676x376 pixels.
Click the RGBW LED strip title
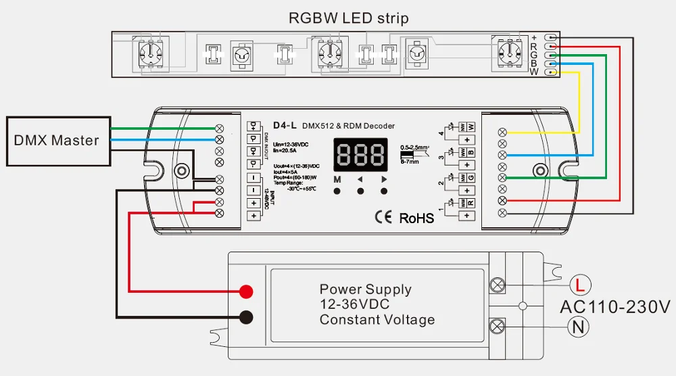348,18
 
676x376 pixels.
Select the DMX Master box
57,141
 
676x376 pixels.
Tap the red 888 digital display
360,156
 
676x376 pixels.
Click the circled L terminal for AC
579,284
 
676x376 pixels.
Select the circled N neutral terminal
579,327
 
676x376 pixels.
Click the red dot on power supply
246,291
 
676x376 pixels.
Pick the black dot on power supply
246,316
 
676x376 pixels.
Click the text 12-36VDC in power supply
354,304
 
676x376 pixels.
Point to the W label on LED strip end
534,72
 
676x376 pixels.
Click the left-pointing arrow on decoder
360,180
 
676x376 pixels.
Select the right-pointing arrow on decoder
384,180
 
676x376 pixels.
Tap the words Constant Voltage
377,320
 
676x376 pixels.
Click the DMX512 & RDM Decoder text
347,126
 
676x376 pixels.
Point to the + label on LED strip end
534,37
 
